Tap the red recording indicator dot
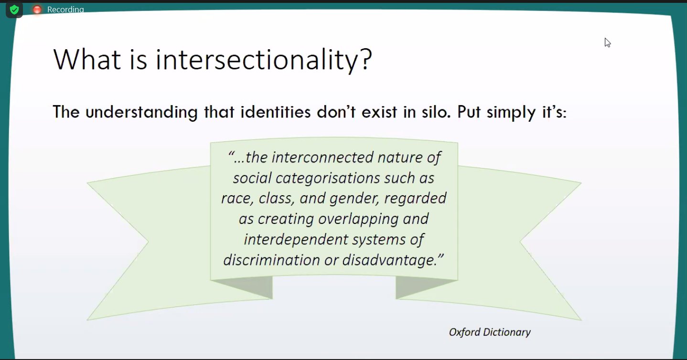click(x=37, y=10)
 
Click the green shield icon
click(x=14, y=10)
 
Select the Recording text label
click(x=65, y=10)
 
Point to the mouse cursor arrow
click(x=607, y=42)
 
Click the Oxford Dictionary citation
click(x=490, y=332)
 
